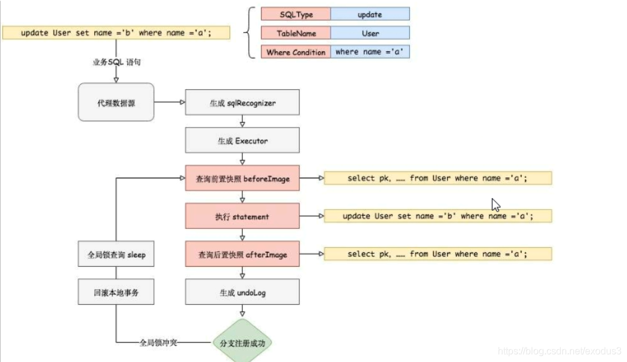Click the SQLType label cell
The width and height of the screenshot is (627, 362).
(296, 14)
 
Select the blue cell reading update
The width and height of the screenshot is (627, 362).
(370, 14)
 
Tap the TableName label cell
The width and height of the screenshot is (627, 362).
(296, 33)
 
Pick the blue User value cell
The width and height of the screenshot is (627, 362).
(370, 33)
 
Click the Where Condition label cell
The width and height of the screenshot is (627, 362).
(296, 52)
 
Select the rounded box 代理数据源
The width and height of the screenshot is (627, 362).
(116, 103)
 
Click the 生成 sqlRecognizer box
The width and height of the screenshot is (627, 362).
(242, 103)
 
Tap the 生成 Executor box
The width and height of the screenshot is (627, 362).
(242, 140)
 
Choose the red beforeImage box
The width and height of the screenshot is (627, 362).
(242, 178)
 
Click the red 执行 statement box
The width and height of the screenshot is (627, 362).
(242, 216)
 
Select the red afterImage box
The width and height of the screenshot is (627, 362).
(242, 255)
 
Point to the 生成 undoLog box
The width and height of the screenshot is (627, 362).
(242, 293)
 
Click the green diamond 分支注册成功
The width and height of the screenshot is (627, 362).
(242, 343)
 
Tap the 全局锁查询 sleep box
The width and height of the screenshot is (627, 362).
(116, 255)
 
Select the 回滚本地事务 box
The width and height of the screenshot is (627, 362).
(116, 293)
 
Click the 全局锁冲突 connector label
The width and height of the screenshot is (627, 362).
(158, 343)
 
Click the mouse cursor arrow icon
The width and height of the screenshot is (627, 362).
(496, 205)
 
